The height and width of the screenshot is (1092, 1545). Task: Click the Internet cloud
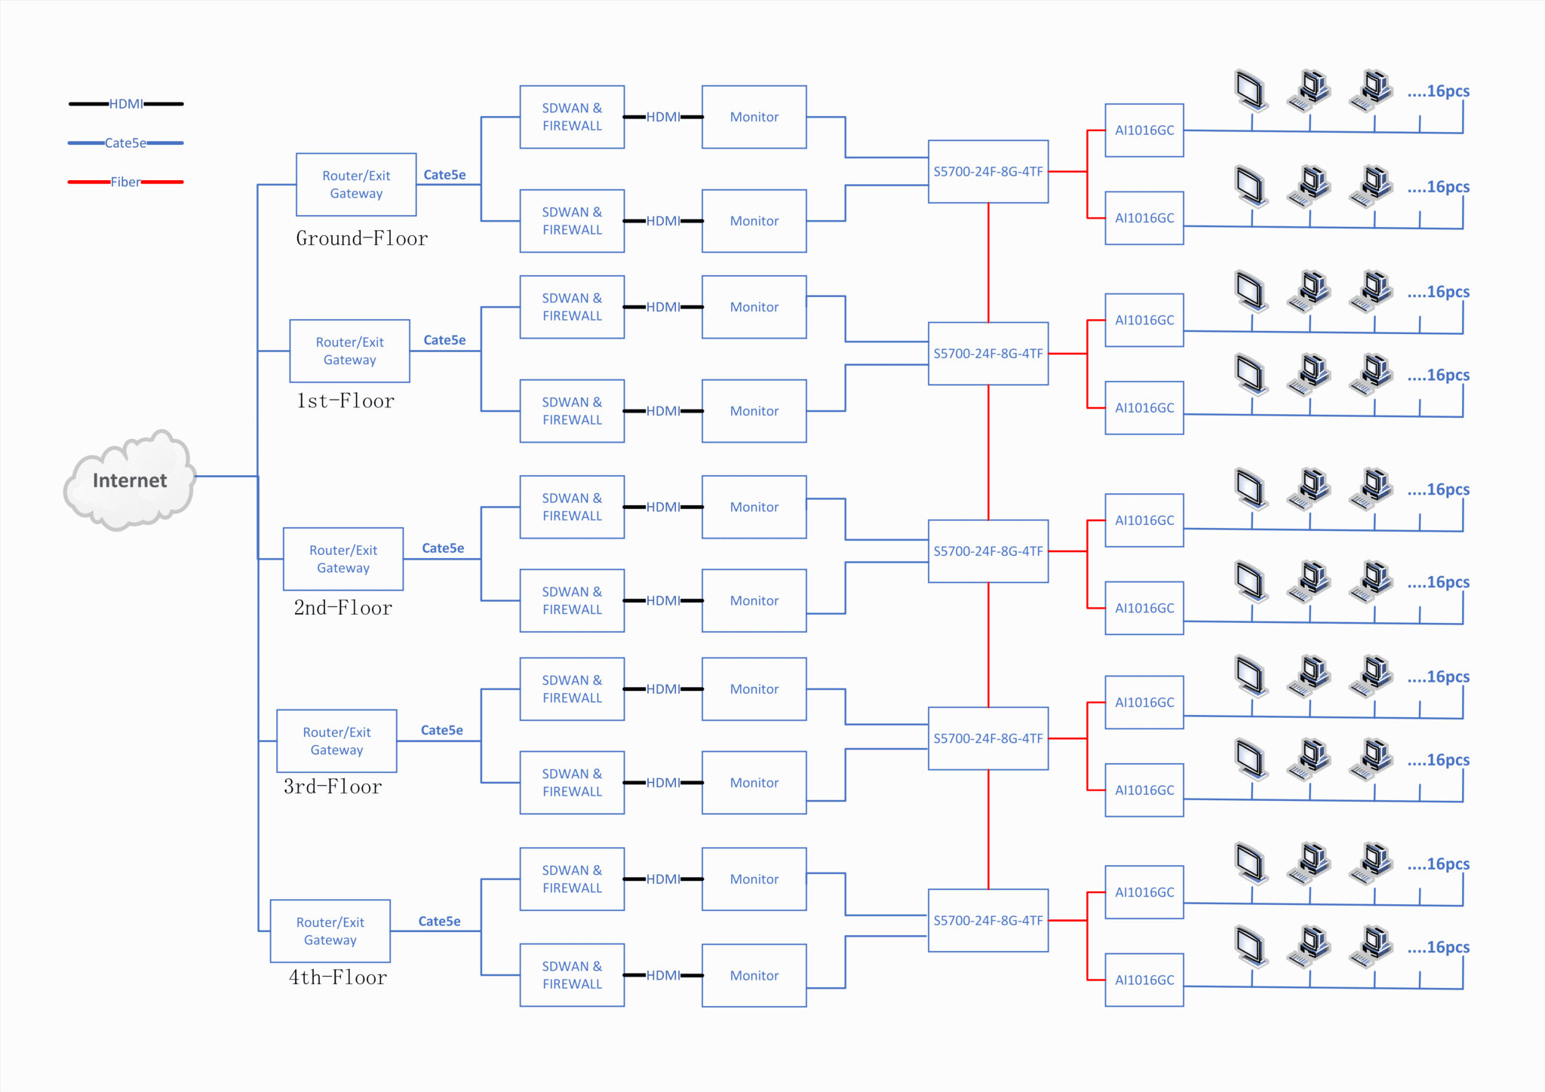click(x=130, y=480)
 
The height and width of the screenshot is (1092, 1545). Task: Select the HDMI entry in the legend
click(x=126, y=104)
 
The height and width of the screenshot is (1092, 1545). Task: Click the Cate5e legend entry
click(x=126, y=143)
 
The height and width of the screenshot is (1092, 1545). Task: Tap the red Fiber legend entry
click(x=126, y=182)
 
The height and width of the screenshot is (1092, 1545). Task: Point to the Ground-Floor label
click(x=361, y=239)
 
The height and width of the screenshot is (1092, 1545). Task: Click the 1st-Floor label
click(x=345, y=401)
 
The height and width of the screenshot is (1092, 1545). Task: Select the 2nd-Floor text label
click(x=342, y=608)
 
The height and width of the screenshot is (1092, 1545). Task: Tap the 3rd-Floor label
click(x=333, y=787)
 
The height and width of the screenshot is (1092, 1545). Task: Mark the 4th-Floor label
click(x=337, y=978)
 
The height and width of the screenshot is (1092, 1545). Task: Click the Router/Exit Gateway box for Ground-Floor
click(x=356, y=185)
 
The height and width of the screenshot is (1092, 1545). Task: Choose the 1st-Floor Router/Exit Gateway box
click(x=349, y=351)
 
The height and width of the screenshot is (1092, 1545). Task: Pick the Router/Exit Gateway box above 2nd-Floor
click(x=343, y=559)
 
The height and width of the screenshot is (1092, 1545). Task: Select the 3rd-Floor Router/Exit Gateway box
click(x=336, y=741)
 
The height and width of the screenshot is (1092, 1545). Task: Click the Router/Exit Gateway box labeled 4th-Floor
click(x=330, y=931)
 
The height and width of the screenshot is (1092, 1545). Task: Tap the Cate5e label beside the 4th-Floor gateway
click(x=439, y=922)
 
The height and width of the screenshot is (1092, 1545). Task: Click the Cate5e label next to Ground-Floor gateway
click(x=444, y=175)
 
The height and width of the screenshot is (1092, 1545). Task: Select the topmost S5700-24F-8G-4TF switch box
click(x=988, y=172)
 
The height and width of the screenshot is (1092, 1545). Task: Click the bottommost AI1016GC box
click(x=1144, y=980)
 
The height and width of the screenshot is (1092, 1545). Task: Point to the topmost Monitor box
click(x=754, y=117)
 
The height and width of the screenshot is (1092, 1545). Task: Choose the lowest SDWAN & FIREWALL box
click(x=572, y=975)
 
